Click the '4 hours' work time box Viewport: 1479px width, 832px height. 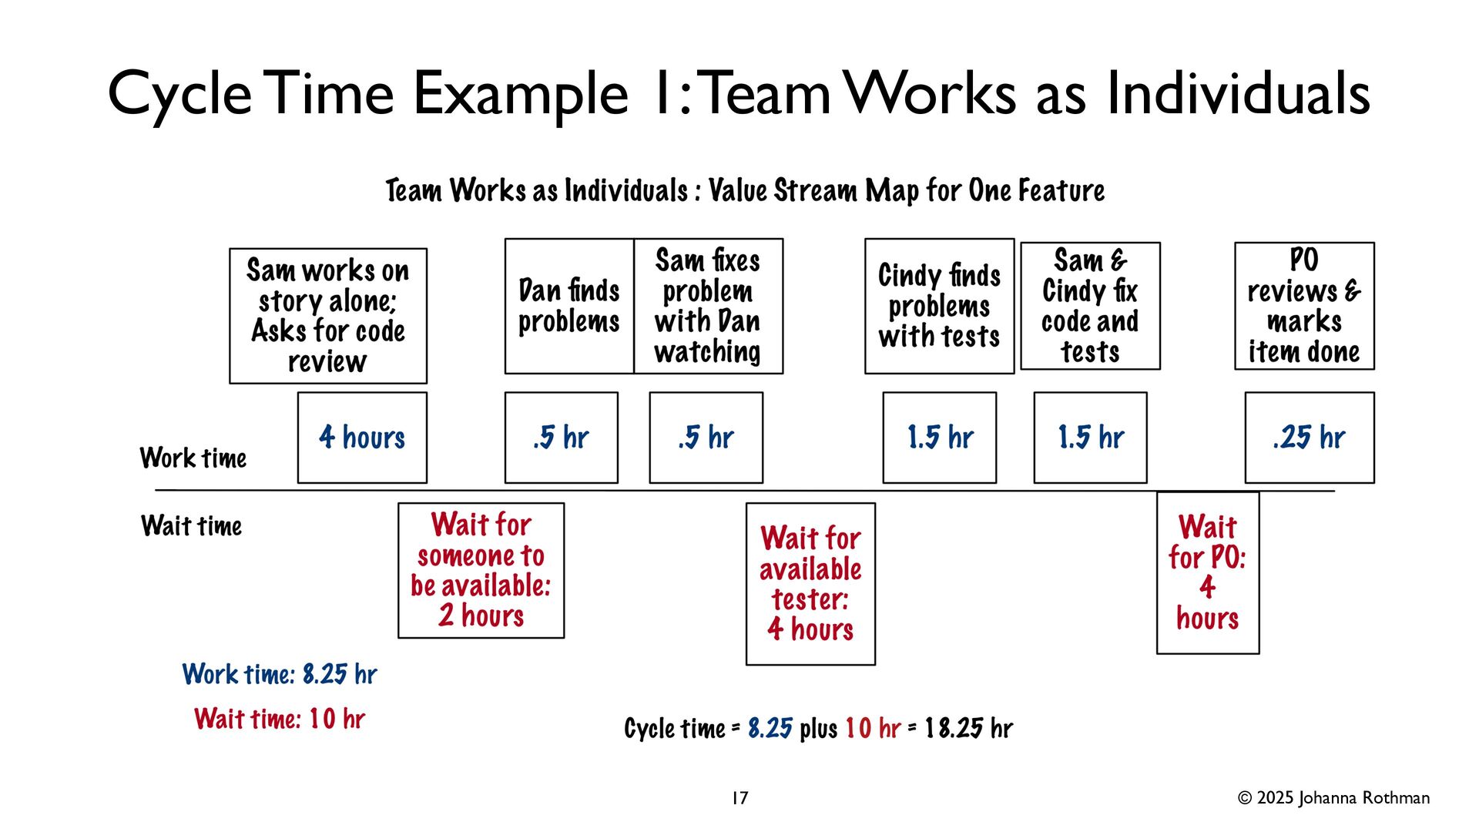pos(362,438)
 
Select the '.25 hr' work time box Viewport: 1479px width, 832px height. pos(1309,438)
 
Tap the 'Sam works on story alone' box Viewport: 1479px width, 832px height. pos(327,316)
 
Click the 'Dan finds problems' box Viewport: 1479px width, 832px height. pos(569,306)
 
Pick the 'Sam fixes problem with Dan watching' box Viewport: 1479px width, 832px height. pos(708,306)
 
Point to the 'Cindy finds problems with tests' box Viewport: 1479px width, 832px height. pos(939,306)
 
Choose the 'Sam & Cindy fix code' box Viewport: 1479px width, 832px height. pos(1090,306)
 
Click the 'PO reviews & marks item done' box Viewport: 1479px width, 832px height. pos(1304,306)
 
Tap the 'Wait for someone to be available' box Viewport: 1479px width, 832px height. pos(481,570)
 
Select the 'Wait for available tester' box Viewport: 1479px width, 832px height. pos(810,583)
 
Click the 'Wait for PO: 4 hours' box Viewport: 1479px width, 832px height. pos(1207,572)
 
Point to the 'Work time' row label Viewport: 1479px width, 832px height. pos(193,458)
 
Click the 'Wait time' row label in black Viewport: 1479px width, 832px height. pos(192,526)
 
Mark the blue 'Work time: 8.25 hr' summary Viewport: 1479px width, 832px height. pos(280,675)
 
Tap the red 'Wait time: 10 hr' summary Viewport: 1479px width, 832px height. pos(280,719)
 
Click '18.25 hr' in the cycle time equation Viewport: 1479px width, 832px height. pos(968,729)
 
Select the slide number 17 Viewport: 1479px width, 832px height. pos(739,798)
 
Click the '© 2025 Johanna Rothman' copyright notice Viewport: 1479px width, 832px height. pos(1333,798)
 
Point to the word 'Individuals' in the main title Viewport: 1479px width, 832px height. pos(1238,94)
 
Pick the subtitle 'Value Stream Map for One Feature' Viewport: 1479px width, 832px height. pos(906,190)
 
